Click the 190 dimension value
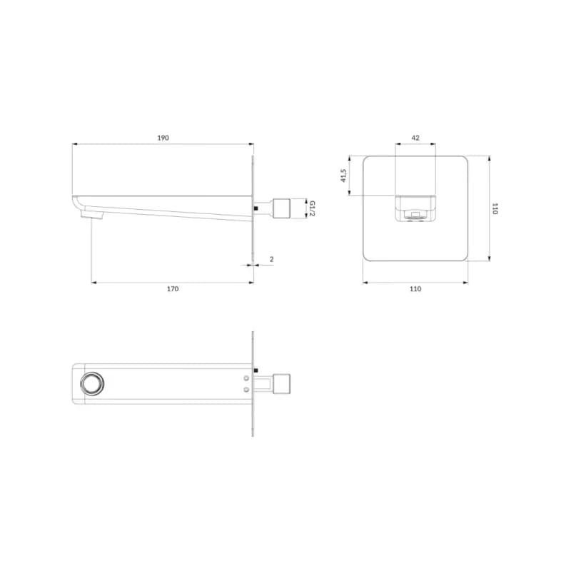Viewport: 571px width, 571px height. [163, 138]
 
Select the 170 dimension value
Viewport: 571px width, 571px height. [173, 289]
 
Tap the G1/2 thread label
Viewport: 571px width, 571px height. [312, 208]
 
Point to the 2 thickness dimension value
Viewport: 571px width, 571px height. [271, 259]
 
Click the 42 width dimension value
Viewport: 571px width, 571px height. [415, 138]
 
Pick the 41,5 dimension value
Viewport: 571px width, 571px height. [343, 175]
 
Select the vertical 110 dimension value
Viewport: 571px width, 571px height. [495, 208]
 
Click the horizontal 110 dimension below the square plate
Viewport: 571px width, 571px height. [415, 289]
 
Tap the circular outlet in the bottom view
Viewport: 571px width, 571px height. [92, 383]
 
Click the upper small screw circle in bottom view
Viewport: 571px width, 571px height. [246, 378]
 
